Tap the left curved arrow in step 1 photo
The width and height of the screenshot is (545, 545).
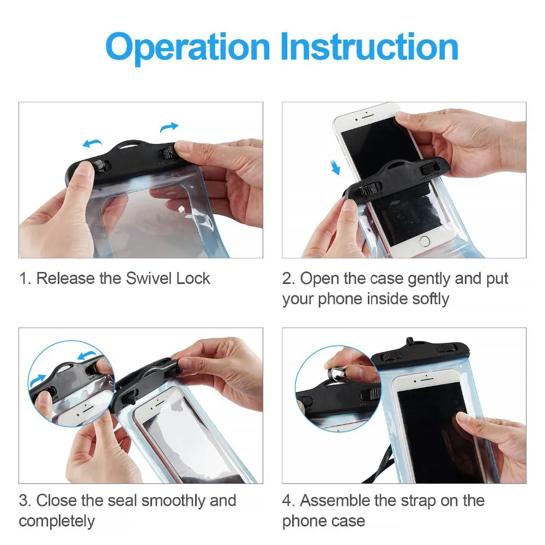(92, 143)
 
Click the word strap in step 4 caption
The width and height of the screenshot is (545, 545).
(422, 500)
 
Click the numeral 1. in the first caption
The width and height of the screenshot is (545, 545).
(25, 278)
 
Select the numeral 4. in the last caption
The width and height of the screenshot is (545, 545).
(289, 500)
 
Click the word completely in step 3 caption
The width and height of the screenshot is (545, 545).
(57, 521)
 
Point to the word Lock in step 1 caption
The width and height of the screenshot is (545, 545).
(193, 278)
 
